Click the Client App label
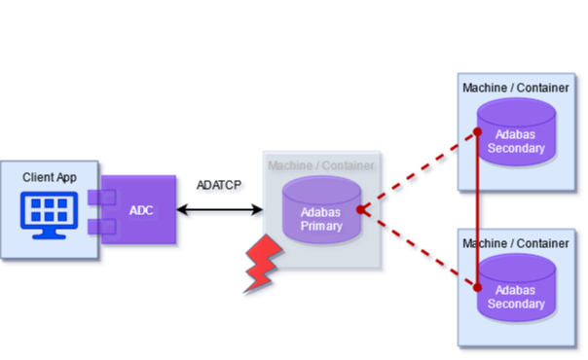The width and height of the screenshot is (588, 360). click(49, 178)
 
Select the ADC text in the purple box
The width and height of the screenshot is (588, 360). click(141, 210)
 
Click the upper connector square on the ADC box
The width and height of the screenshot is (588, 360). click(96, 198)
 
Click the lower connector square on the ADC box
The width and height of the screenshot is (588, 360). click(96, 228)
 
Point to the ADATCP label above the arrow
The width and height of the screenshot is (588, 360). click(221, 186)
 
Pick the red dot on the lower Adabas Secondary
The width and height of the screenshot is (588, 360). click(478, 287)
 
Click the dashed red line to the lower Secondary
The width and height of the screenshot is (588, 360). click(419, 249)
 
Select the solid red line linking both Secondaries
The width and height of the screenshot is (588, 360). click(478, 209)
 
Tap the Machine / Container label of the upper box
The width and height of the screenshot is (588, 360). click(515, 88)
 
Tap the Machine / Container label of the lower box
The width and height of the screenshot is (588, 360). click(515, 242)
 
